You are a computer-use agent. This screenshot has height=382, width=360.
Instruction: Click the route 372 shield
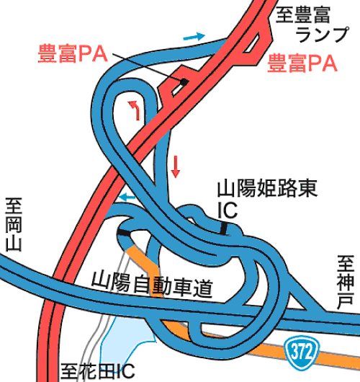[302, 351]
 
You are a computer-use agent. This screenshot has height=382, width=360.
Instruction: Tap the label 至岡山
[14, 225]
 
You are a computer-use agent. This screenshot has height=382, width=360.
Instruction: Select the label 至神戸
[346, 282]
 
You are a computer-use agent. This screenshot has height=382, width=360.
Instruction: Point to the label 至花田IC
[98, 372]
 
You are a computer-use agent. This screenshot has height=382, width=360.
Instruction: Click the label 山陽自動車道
[152, 285]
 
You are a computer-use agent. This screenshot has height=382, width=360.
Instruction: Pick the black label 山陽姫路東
[267, 188]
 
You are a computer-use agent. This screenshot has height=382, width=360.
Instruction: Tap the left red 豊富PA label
[73, 53]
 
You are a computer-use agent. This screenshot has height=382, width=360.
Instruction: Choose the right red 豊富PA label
[302, 63]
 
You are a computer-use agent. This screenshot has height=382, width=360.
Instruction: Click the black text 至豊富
[303, 15]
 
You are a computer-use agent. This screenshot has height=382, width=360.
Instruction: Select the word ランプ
[322, 35]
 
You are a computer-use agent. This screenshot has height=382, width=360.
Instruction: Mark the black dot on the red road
[184, 82]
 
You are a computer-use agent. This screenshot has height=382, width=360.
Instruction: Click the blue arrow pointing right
[194, 37]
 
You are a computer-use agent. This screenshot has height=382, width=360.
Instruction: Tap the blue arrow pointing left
[127, 197]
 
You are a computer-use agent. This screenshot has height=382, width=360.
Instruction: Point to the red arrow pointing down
[175, 167]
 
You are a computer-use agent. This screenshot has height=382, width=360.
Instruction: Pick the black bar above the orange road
[124, 233]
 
